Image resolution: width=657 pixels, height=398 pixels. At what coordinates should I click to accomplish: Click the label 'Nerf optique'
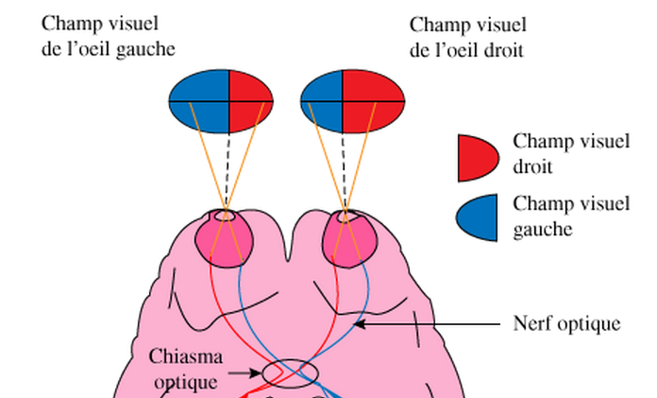coord(566,324)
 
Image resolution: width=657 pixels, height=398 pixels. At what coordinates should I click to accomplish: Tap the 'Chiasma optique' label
coord(186,369)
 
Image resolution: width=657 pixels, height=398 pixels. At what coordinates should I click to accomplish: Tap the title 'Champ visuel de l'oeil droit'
coord(467,36)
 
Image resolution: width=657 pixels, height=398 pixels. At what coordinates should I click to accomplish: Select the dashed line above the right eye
coord(343,170)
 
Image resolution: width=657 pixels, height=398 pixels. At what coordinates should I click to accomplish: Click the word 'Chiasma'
coord(186,358)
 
